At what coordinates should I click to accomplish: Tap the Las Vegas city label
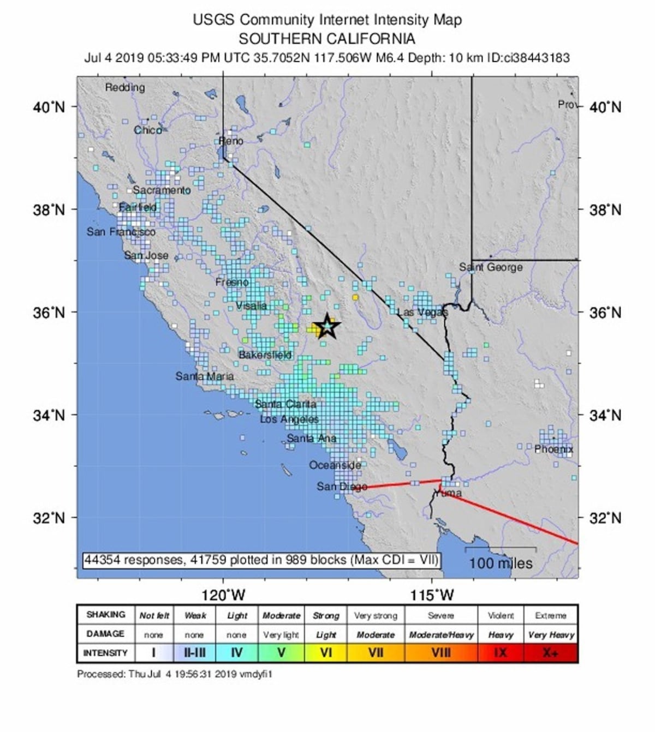tap(422, 312)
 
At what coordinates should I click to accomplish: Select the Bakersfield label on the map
tap(265, 355)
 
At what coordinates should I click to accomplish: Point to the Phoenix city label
tap(553, 449)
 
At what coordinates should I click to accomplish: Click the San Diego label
tap(342, 486)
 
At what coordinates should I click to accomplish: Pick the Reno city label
tap(231, 141)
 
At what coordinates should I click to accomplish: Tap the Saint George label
tap(490, 267)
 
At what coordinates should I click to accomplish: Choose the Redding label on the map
tap(125, 87)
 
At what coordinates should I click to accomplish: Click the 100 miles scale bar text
tap(501, 563)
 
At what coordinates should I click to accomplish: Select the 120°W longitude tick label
tap(223, 595)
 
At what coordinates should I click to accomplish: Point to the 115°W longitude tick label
tap(432, 595)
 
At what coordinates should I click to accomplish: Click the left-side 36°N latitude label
tap(49, 313)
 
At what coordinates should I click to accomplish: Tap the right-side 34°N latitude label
tap(605, 416)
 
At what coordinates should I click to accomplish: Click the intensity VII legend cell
tap(375, 652)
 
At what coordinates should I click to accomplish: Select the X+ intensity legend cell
tap(550, 652)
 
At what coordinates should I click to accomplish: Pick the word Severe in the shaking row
tap(440, 615)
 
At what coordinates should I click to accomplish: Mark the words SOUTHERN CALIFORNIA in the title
tap(327, 39)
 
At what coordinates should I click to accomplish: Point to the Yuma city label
tap(448, 493)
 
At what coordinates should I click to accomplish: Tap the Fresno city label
tap(231, 282)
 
